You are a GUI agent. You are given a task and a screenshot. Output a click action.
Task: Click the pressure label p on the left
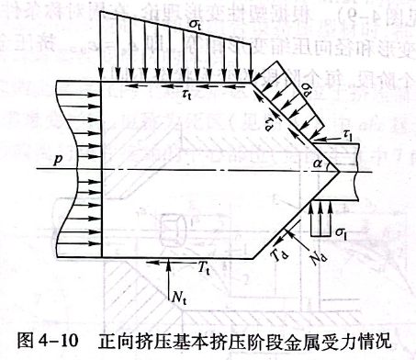[58, 159]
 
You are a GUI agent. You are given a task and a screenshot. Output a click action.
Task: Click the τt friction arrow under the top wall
[188, 86]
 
